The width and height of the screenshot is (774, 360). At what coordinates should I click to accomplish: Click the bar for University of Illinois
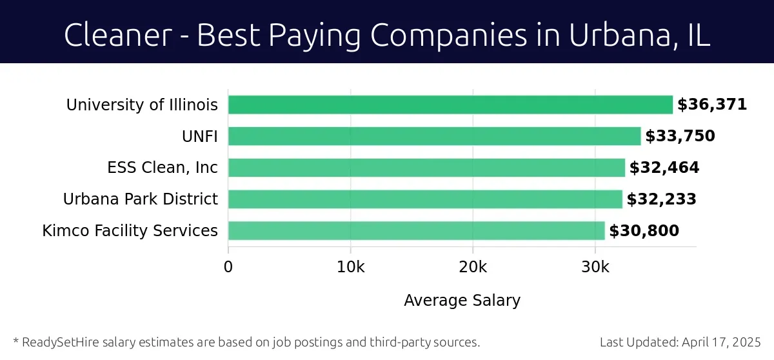450,105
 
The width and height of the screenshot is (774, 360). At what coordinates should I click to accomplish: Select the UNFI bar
434,136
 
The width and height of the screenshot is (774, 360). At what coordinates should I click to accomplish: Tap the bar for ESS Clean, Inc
426,168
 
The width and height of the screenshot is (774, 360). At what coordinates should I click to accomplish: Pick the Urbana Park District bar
425,199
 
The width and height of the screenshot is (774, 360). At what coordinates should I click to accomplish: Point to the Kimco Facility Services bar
417,230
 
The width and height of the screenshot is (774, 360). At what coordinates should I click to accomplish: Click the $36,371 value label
712,105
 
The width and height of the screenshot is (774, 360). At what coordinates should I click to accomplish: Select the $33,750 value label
680,136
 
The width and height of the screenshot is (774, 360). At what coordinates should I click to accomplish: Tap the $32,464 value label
664,168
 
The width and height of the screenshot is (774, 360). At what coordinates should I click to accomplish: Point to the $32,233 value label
662,199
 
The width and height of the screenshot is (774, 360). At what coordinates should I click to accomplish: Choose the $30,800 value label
644,230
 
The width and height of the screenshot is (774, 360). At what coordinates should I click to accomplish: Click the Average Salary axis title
462,300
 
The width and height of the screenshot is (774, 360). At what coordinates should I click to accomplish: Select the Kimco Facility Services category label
130,230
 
